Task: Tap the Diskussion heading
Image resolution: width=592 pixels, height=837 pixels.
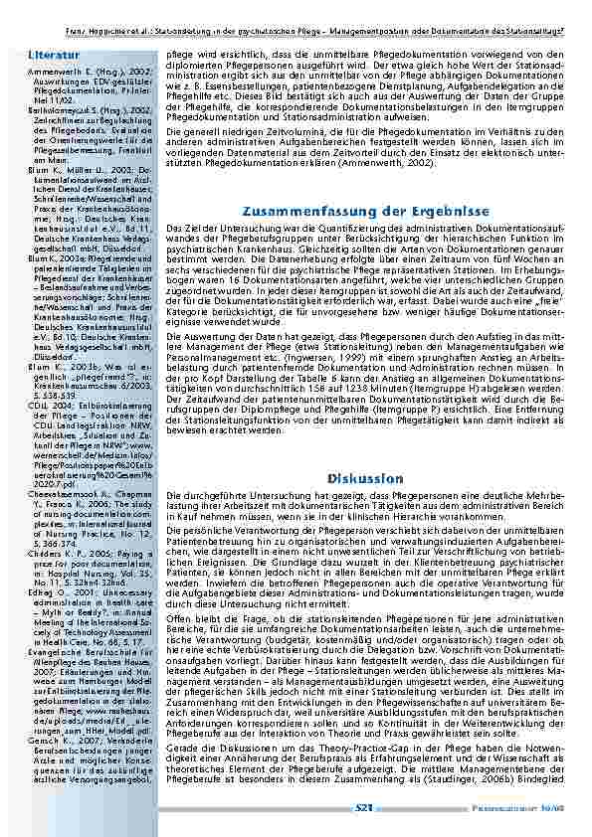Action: (365, 479)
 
